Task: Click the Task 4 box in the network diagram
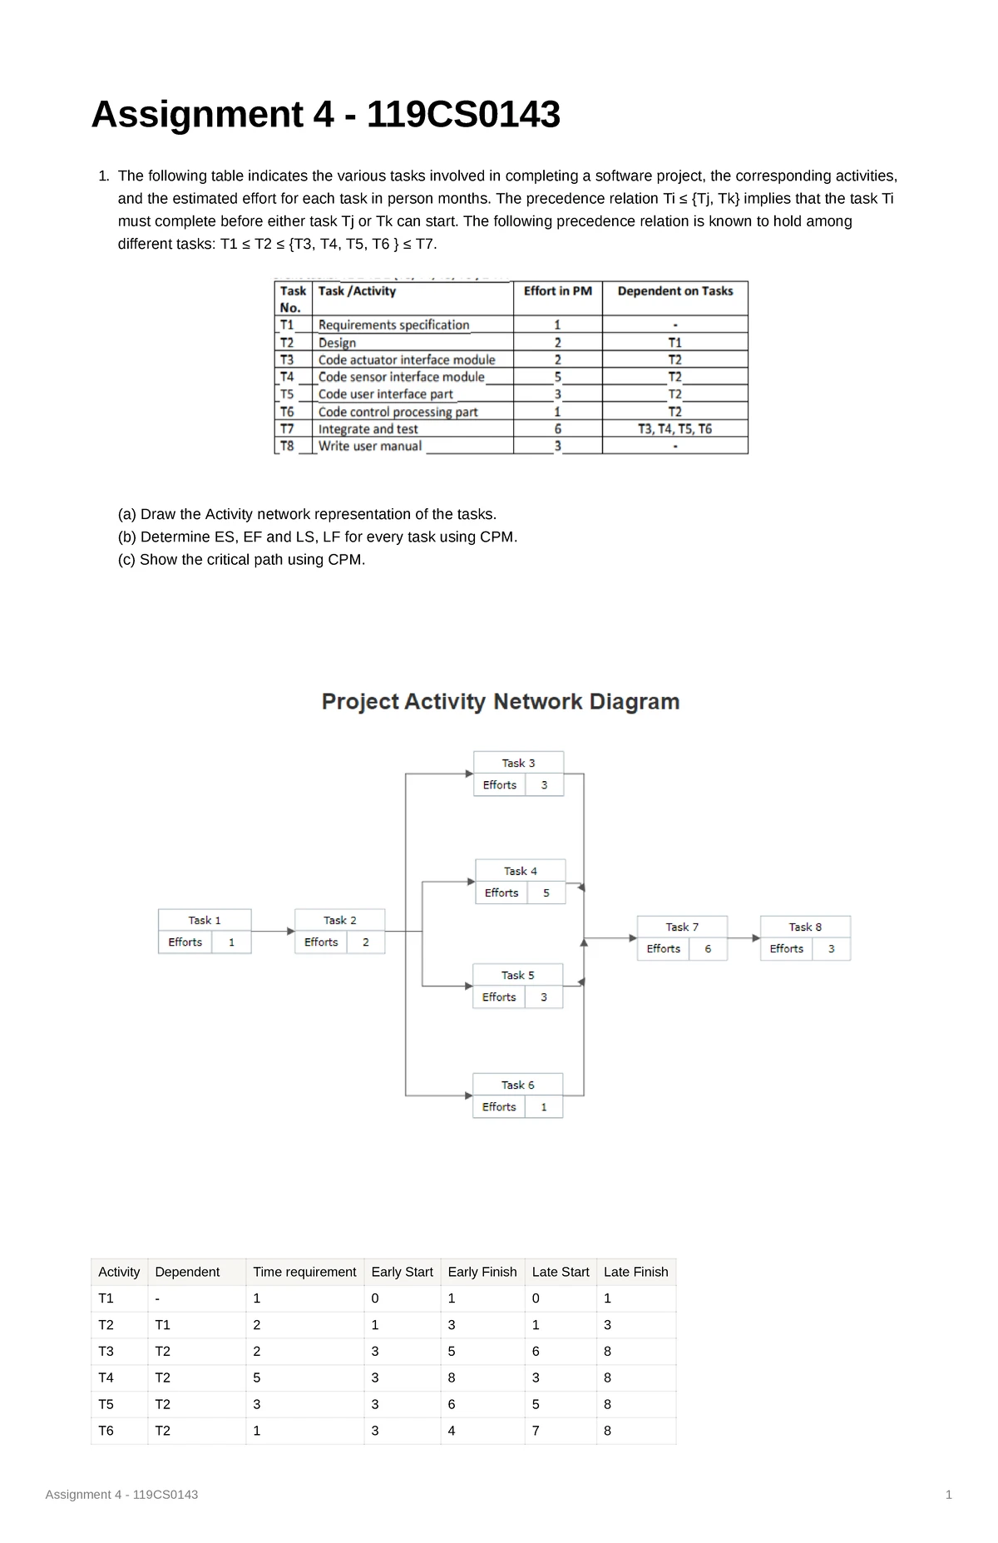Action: click(x=521, y=882)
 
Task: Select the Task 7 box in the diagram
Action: click(x=682, y=938)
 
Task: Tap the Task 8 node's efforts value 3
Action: click(x=831, y=949)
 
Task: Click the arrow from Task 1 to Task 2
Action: click(x=273, y=931)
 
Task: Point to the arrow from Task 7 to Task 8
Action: click(x=744, y=938)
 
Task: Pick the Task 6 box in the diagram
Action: click(x=517, y=1095)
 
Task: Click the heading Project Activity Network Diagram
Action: click(x=501, y=702)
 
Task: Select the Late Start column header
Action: click(x=561, y=1272)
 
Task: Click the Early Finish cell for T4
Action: click(x=452, y=1377)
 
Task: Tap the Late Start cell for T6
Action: click(x=536, y=1431)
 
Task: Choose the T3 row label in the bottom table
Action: click(x=106, y=1351)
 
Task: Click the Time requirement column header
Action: click(x=304, y=1272)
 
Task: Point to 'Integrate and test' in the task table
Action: click(x=368, y=429)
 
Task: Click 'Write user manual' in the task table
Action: click(x=370, y=446)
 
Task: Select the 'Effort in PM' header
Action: click(x=557, y=291)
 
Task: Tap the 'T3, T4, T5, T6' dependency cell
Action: click(x=674, y=429)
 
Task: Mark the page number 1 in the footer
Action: click(x=949, y=1495)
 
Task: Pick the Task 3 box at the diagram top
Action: click(x=519, y=774)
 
